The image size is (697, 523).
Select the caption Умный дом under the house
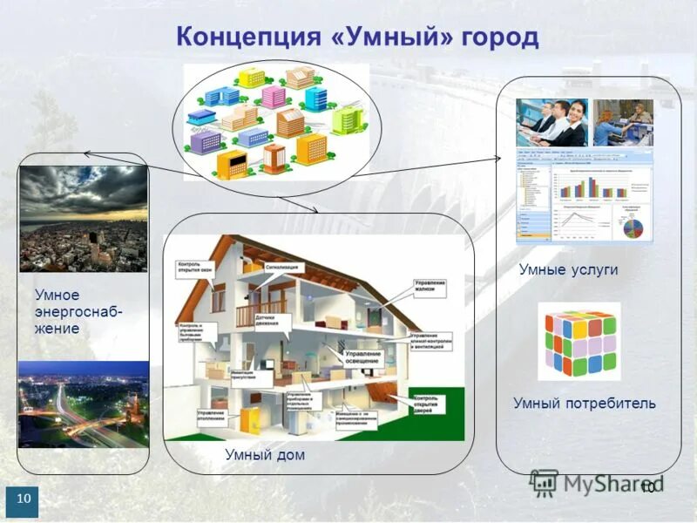click(265, 455)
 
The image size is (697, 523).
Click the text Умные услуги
click(568, 270)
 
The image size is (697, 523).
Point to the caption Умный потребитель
click(584, 404)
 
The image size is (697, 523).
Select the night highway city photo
click(84, 405)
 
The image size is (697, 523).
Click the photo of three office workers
click(551, 122)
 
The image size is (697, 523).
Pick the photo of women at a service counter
click(623, 123)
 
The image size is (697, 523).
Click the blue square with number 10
click(23, 499)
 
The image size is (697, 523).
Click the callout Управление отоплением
click(212, 416)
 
